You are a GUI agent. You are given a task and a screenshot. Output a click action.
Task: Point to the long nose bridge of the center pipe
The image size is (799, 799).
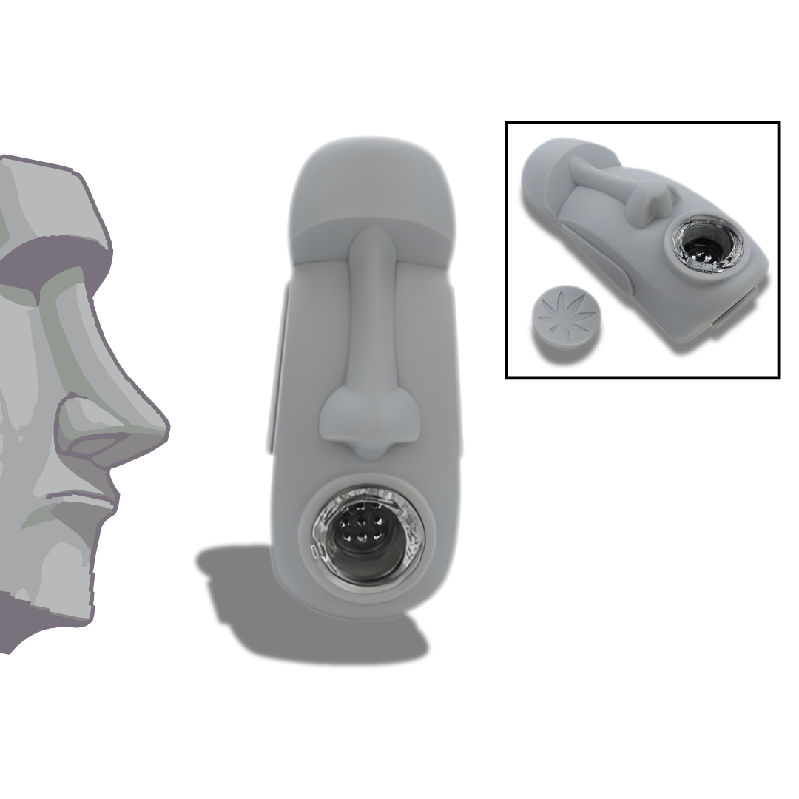click(369, 311)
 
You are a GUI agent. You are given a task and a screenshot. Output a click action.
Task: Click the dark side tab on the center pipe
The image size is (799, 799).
click(274, 370)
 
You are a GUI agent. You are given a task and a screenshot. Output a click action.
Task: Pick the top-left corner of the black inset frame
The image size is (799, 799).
click(507, 123)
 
